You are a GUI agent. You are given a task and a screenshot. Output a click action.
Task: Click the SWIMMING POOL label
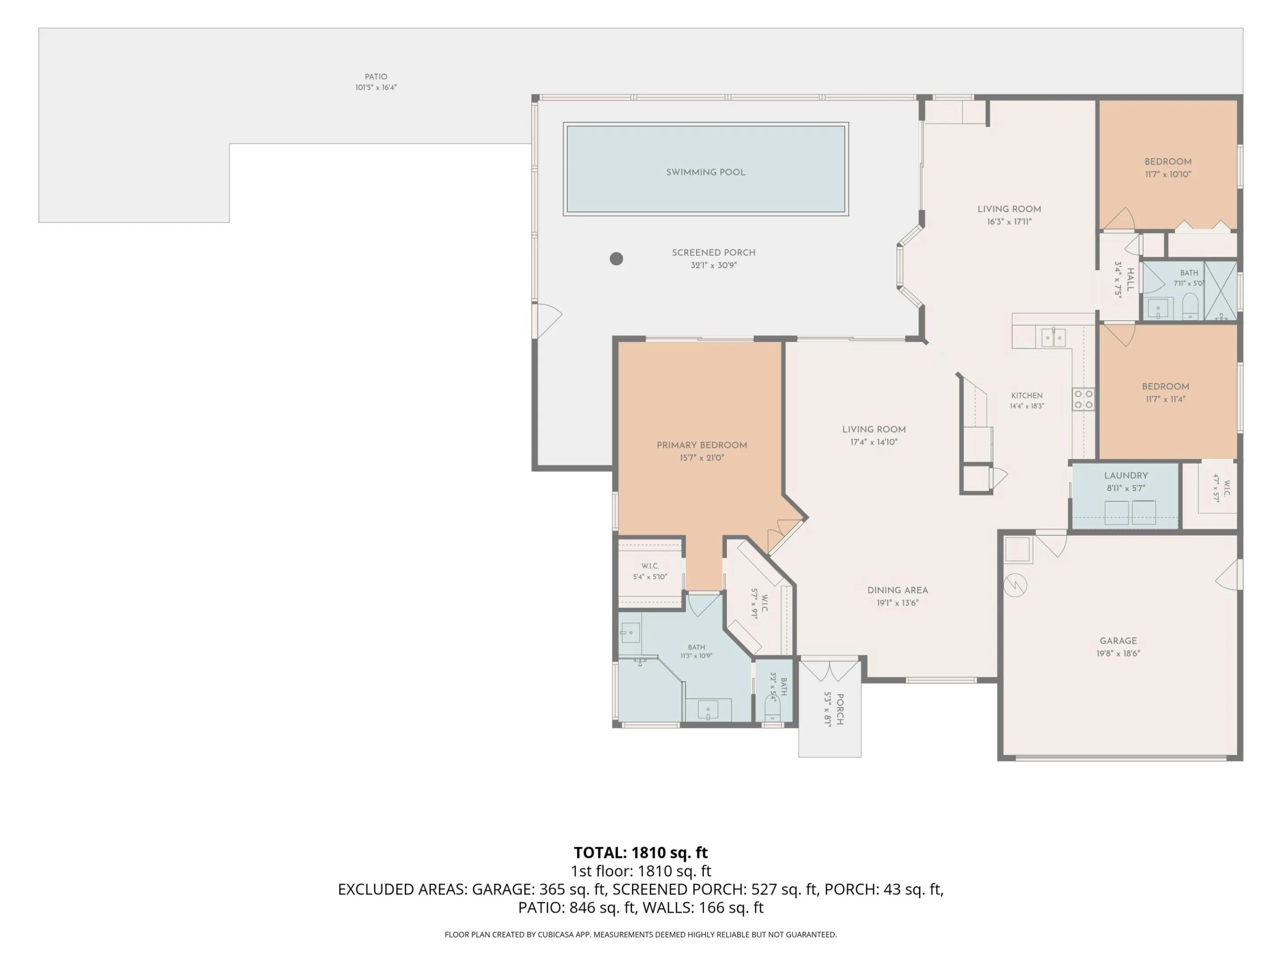(706, 172)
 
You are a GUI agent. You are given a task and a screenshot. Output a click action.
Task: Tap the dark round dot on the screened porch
(616, 258)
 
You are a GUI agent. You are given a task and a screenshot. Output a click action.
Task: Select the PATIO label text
(376, 77)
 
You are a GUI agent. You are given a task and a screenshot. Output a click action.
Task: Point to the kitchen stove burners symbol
(1083, 399)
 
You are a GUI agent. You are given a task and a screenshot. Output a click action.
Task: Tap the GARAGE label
(1118, 641)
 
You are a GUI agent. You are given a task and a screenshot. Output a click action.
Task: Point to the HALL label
(1130, 279)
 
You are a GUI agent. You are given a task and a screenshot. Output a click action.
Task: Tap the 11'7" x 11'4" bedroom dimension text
(1165, 399)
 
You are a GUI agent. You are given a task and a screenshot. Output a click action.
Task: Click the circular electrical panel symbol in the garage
(1015, 585)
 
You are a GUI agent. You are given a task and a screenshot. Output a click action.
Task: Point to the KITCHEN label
(1027, 396)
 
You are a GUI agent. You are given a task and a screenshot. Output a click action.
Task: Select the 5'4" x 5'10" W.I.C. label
(650, 577)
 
